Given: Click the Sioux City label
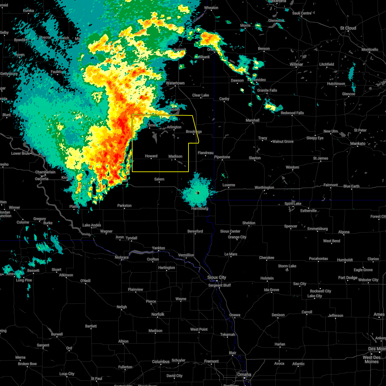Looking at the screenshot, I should pyautogui.click(x=217, y=277).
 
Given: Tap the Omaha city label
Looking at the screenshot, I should pyautogui.click(x=244, y=374).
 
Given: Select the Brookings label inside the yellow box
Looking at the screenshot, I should pyautogui.click(x=194, y=132).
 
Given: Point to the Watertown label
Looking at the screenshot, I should pyautogui.click(x=175, y=83).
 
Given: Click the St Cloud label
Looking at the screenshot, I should pyautogui.click(x=348, y=28).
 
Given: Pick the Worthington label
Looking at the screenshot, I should pyautogui.click(x=264, y=188).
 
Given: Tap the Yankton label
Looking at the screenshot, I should pyautogui.click(x=158, y=248).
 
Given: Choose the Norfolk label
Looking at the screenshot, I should pyautogui.click(x=158, y=314).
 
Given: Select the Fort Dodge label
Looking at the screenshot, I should pyautogui.click(x=348, y=278).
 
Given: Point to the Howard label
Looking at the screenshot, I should pyautogui.click(x=151, y=156).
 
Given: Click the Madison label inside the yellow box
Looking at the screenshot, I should pyautogui.click(x=175, y=156).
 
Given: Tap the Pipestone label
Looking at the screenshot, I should pyautogui.click(x=222, y=157).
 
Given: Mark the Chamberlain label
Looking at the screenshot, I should pyautogui.click(x=45, y=172).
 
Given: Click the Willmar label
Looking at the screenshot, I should pyautogui.click(x=296, y=64).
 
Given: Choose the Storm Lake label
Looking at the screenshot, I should pyautogui.click(x=287, y=266).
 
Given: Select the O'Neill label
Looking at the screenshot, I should pyautogui.click(x=85, y=281).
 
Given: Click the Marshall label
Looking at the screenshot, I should pyautogui.click(x=253, y=120).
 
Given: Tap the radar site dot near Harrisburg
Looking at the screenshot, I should pyautogui.click(x=198, y=193).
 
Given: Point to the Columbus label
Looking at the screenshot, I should pyautogui.click(x=161, y=362).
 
